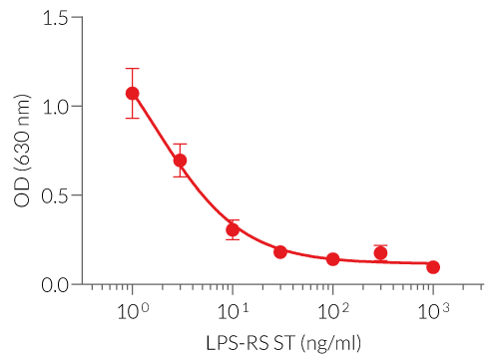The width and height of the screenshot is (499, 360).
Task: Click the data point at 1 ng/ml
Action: point(132,93)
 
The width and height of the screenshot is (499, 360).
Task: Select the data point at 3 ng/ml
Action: point(180,160)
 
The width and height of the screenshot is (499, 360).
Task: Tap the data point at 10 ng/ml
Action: point(233,229)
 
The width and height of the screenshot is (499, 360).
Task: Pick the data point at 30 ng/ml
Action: point(280,252)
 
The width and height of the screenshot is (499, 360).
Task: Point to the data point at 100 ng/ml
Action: point(332,259)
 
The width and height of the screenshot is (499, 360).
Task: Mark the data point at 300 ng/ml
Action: point(380,253)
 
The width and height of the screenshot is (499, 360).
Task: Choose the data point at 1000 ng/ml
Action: point(433,267)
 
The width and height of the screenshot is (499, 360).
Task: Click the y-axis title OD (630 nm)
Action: point(23,150)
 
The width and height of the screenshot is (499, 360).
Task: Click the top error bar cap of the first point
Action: point(132,69)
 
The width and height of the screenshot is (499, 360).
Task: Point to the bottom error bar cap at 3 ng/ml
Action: point(180,177)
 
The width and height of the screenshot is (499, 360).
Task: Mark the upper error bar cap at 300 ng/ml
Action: point(380,245)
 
